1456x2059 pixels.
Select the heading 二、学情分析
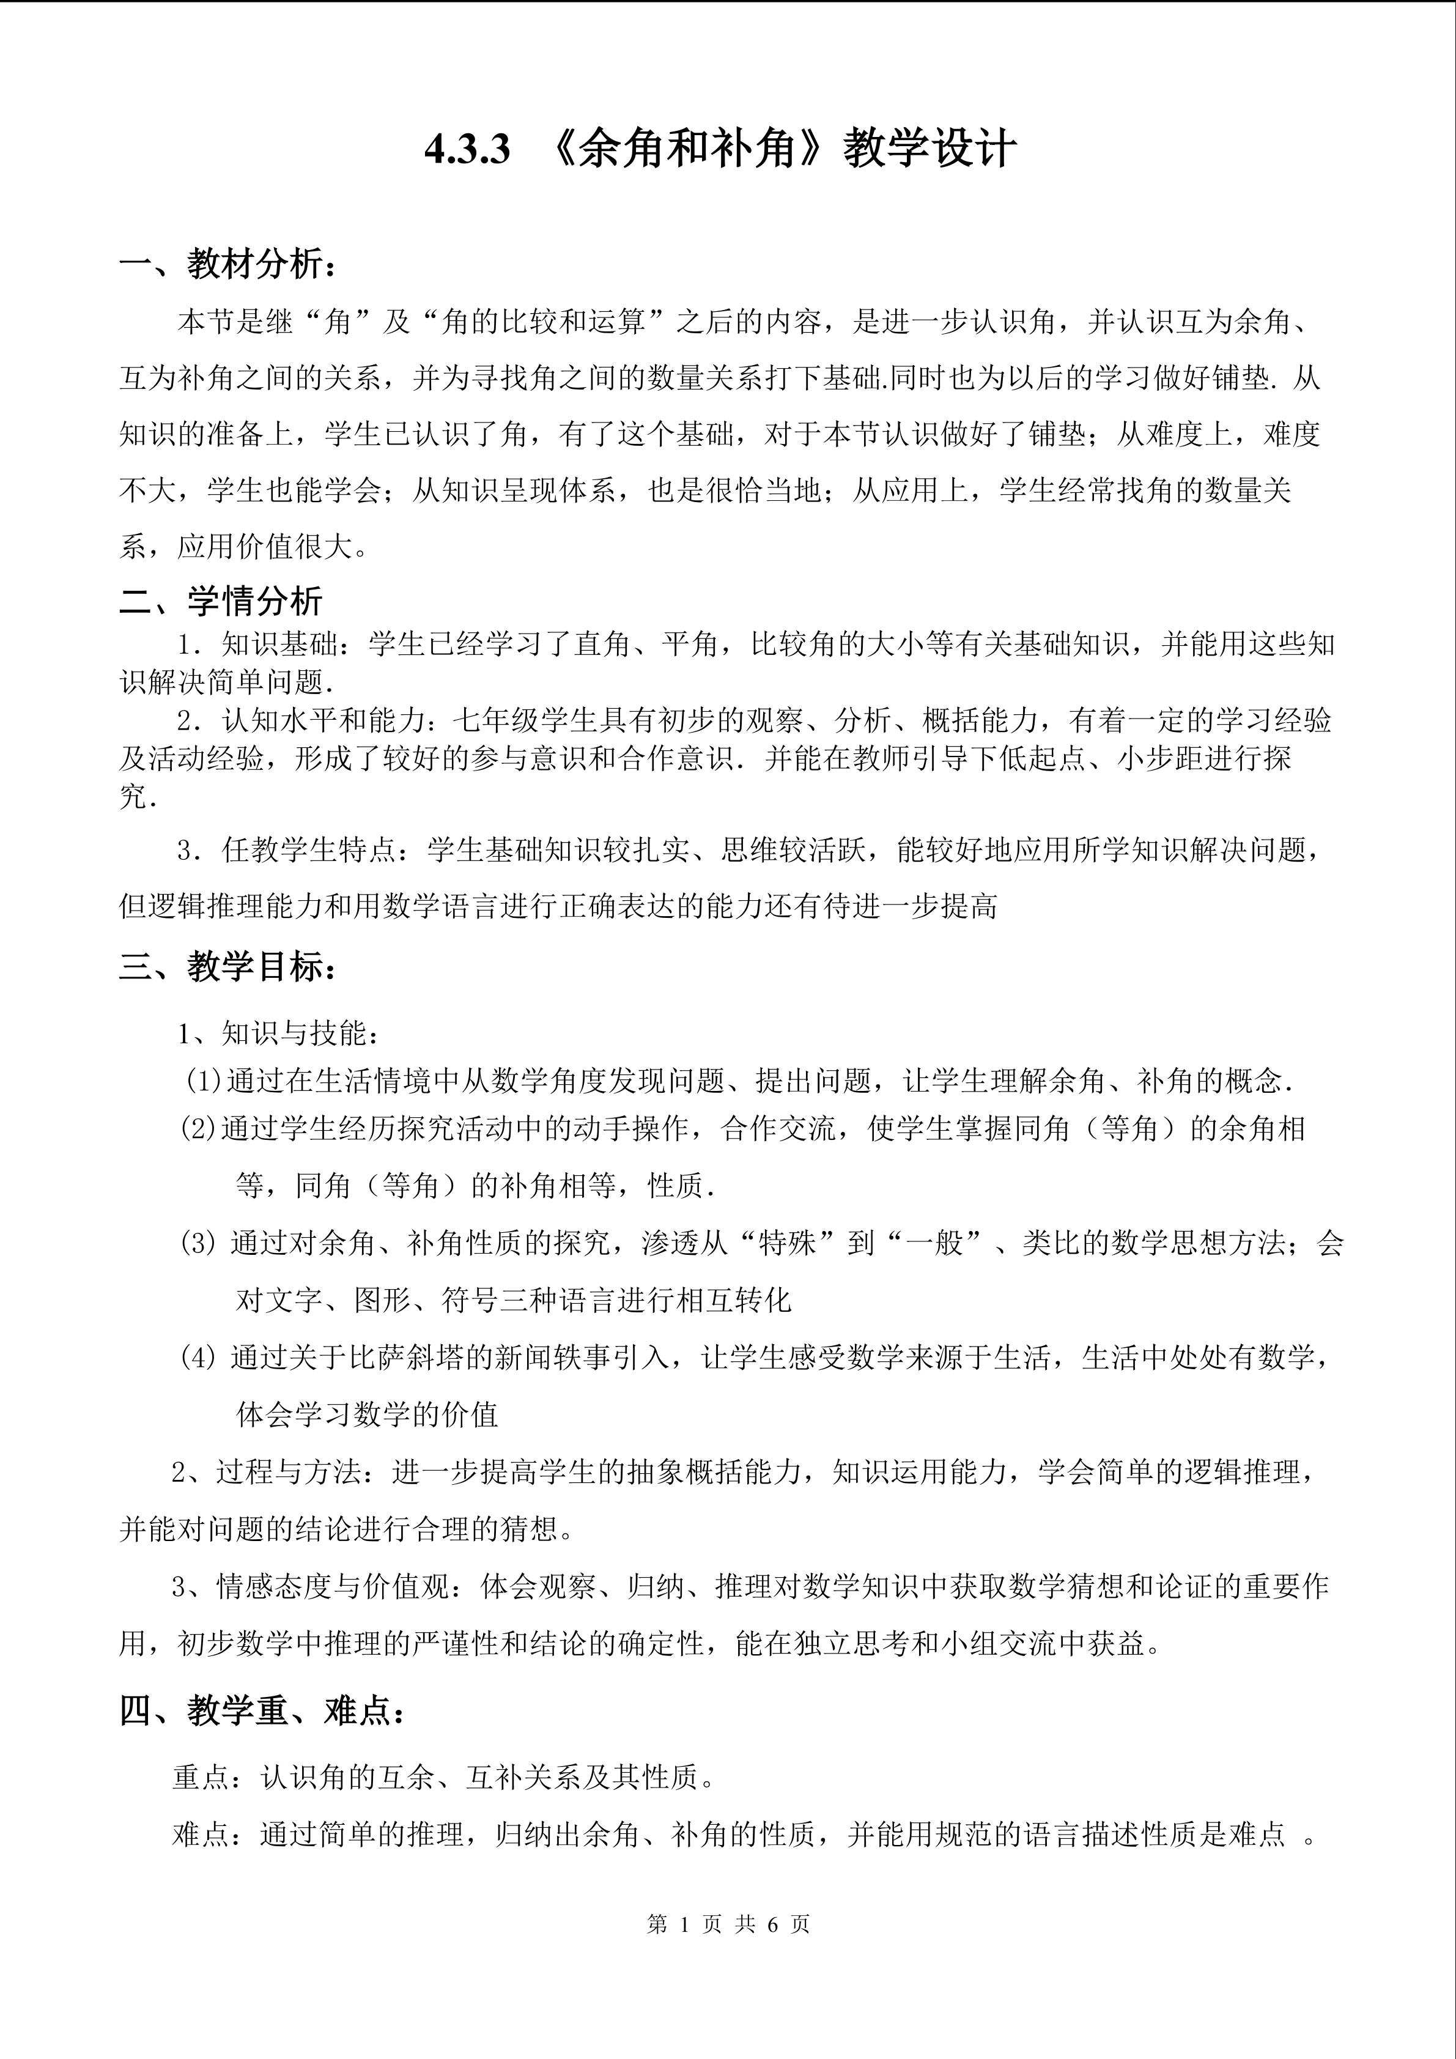[x=221, y=601]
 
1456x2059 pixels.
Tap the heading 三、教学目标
[x=229, y=967]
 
